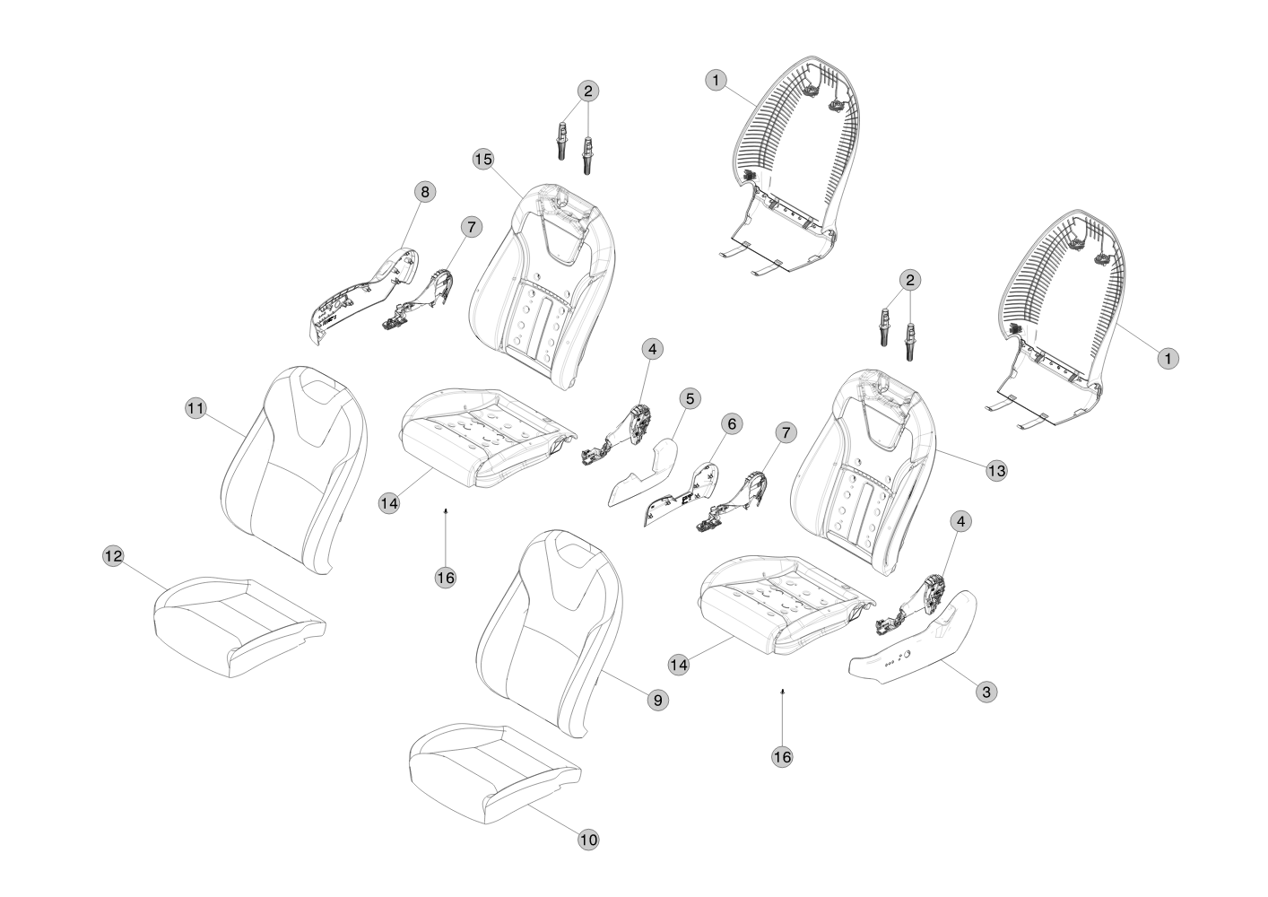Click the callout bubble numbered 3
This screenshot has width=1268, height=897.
point(986,692)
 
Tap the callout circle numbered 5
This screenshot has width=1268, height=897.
point(689,397)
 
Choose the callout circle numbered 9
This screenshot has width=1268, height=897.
point(658,700)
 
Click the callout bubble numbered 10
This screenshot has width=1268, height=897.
point(588,840)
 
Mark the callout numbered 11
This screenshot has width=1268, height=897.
point(195,408)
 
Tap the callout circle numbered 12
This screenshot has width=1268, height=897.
point(112,556)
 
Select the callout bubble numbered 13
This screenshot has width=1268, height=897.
point(996,470)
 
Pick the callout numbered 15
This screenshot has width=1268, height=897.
point(483,159)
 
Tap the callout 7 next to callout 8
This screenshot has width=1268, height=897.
point(470,227)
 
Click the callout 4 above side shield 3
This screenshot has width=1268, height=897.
point(960,521)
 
